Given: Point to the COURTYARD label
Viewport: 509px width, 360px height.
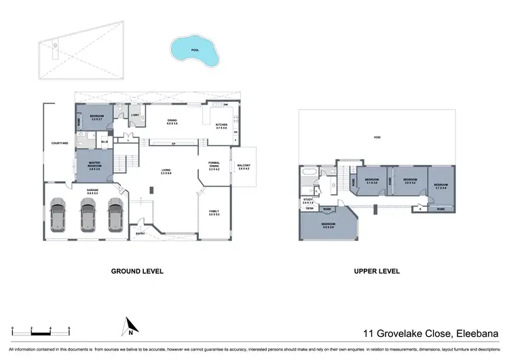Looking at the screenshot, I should coord(59,143).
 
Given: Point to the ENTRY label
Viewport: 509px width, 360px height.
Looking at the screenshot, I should coord(140,234).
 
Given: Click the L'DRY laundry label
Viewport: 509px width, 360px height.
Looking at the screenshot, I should coord(135,115).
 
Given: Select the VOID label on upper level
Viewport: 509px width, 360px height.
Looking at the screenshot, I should coord(377,138).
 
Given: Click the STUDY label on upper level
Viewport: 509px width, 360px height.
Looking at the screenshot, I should coord(307,200).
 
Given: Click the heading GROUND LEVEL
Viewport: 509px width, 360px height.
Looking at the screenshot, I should coord(137,271).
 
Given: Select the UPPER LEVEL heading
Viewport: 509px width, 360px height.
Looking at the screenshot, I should coord(377,271).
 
